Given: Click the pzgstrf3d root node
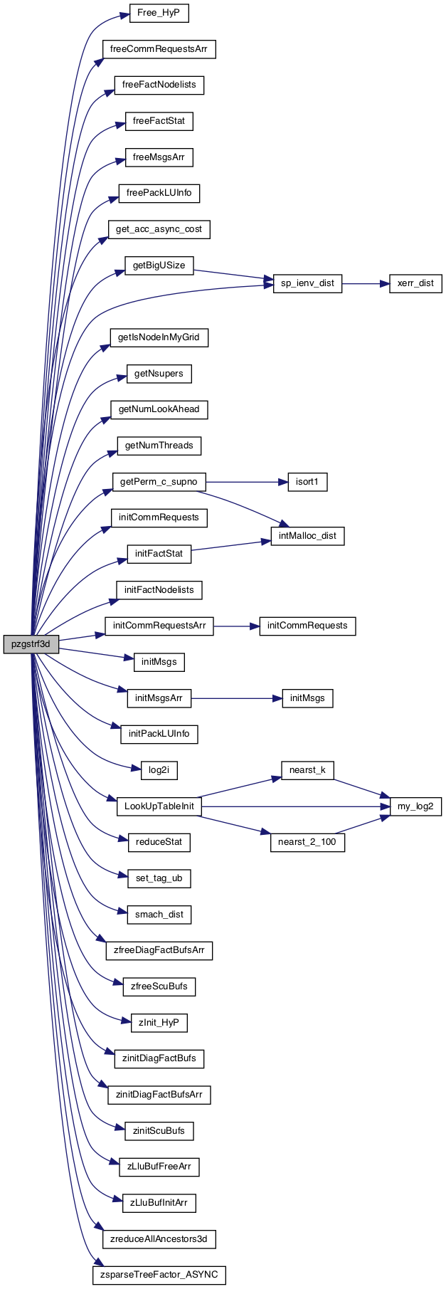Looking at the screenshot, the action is click(x=30, y=644).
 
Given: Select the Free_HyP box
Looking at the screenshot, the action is click(x=159, y=13).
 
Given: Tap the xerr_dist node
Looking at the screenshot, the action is click(x=415, y=283).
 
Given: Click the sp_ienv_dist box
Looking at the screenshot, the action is click(x=307, y=283).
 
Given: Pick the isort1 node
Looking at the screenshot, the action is click(x=307, y=482).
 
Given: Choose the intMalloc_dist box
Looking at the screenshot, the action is click(x=307, y=536).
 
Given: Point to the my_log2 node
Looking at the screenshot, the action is click(x=415, y=806).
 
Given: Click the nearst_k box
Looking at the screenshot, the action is click(x=307, y=770).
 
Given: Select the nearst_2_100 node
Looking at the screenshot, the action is click(x=307, y=843).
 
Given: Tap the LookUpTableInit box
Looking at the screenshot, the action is click(x=159, y=806).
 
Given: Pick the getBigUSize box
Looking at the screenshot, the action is click(x=159, y=265).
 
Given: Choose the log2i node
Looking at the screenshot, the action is click(x=159, y=770).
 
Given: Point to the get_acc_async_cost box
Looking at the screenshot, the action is click(x=159, y=229).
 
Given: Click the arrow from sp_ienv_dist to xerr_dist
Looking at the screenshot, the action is click(x=366, y=283).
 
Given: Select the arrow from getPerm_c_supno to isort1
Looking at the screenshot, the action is click(x=246, y=482).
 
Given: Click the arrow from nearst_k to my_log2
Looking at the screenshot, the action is click(x=361, y=788).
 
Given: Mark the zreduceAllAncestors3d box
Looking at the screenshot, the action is click(x=159, y=1239).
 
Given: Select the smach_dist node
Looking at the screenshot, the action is click(x=159, y=915).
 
